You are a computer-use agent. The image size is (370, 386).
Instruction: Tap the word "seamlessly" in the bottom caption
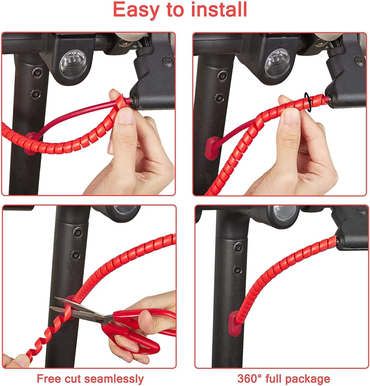[x=114, y=379]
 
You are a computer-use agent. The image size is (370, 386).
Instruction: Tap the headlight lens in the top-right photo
[x=277, y=63]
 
